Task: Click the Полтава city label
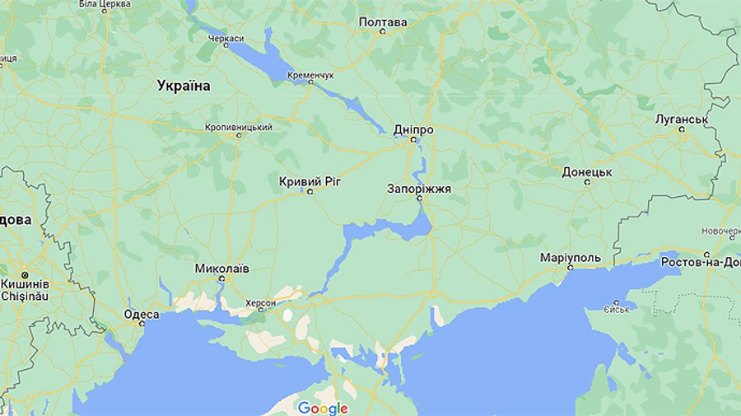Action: pos(383,21)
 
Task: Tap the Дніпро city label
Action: pos(413,129)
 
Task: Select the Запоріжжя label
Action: pos(419,189)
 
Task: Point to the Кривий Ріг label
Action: pos(310,180)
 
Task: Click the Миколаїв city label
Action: pos(221,269)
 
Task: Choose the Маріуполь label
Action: pos(571,258)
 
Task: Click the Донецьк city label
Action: pos(587,172)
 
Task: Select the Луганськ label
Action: pos(682,119)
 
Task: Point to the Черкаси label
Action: pos(226,39)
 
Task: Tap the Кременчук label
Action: pos(310,75)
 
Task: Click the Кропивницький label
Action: pos(239,127)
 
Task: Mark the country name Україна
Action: pos(184,86)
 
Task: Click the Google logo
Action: pos(323,408)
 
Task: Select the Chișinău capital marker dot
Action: pos(25,274)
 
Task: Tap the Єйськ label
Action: pos(616,310)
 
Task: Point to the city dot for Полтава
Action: pos(382,32)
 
